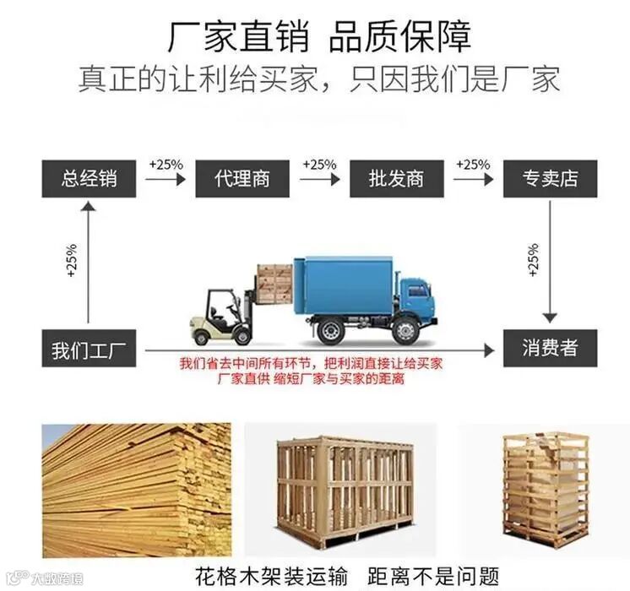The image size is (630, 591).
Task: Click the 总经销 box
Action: (x=89, y=178)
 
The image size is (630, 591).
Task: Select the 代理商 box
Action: (x=242, y=178)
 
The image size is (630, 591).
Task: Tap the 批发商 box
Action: (x=396, y=178)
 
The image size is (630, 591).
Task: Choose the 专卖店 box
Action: (x=550, y=178)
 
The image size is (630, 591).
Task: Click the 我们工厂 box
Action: (x=89, y=349)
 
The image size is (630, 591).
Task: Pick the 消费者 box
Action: (x=550, y=349)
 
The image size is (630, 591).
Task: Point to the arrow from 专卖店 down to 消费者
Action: (x=551, y=262)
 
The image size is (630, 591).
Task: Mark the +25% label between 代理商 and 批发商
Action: (x=319, y=164)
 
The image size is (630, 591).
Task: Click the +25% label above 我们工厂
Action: (x=71, y=262)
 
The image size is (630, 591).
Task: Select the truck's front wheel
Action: (x=405, y=330)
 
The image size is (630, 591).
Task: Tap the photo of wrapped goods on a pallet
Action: (x=545, y=490)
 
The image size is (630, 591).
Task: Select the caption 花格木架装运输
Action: (x=270, y=577)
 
